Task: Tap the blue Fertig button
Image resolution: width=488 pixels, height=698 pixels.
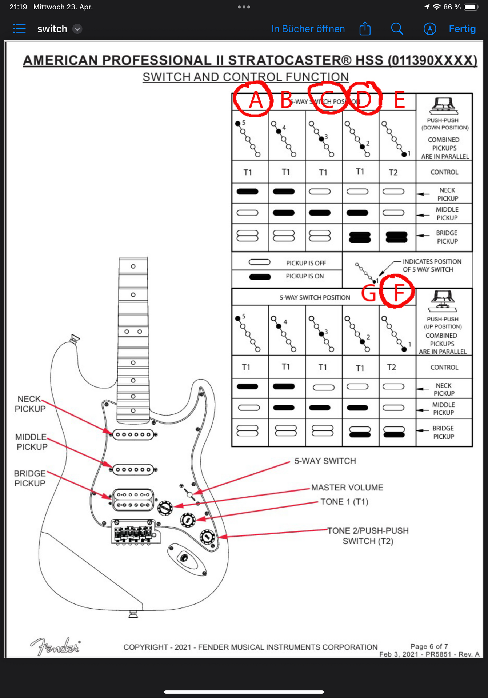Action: tap(462, 29)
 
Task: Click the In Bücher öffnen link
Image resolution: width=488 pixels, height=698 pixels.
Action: tap(308, 29)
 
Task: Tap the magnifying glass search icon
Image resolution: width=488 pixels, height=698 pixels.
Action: tap(397, 29)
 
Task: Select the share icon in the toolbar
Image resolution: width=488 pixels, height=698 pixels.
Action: tap(365, 29)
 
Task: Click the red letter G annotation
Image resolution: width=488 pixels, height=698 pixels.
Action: tap(369, 293)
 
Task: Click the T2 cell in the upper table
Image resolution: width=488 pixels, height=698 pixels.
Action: tap(393, 172)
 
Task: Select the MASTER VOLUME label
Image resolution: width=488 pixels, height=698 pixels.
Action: tap(347, 488)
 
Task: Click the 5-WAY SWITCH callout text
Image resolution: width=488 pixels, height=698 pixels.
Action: tap(325, 461)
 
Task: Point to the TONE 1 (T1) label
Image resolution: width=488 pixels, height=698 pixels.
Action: tap(344, 502)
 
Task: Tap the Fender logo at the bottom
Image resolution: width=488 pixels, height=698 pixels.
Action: tap(55, 647)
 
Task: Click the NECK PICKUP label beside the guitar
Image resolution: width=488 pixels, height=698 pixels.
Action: tap(30, 404)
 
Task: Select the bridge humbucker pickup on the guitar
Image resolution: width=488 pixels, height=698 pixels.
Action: tap(133, 500)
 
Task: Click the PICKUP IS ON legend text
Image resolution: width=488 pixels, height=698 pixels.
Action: tap(305, 276)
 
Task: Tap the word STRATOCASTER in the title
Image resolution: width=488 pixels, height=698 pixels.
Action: tap(290, 60)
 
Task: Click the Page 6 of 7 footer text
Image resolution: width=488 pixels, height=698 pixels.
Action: tap(429, 646)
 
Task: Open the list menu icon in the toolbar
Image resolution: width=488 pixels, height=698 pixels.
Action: tap(19, 29)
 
